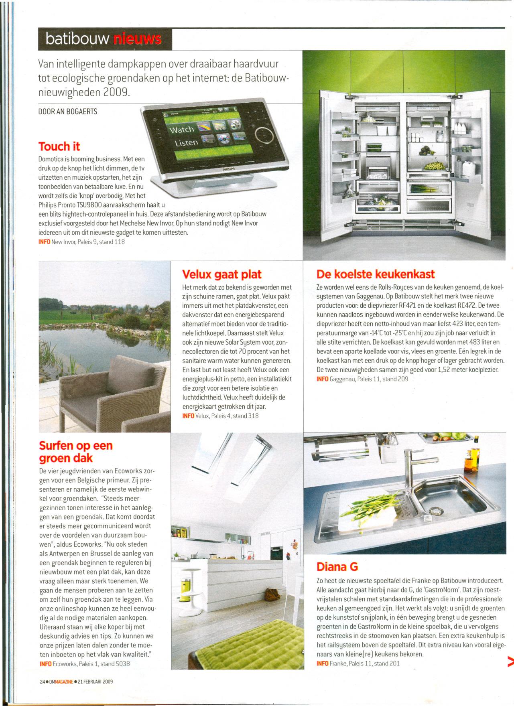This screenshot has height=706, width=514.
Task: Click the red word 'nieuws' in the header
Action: [x=138, y=39]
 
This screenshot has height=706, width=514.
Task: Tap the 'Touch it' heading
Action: [x=59, y=146]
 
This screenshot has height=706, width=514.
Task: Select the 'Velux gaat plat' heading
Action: [x=221, y=274]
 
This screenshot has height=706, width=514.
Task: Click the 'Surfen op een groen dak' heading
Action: [x=76, y=452]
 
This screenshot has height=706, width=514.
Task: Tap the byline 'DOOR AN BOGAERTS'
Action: [x=67, y=112]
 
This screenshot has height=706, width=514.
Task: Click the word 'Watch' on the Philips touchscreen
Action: [x=182, y=130]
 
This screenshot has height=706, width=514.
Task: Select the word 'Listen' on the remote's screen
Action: [x=186, y=143]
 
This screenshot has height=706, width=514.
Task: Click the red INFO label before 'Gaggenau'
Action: [x=322, y=379]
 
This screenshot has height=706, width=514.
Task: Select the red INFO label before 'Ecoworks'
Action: [x=45, y=664]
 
